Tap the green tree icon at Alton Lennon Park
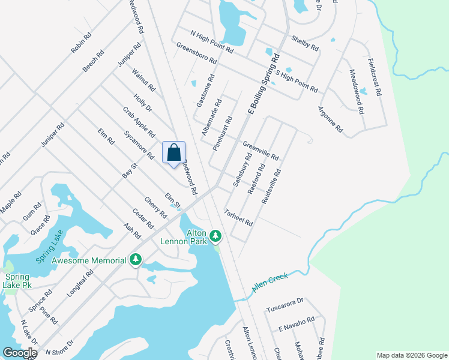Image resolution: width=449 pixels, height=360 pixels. point(215,236)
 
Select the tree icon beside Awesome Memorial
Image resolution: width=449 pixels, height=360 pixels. point(136,260)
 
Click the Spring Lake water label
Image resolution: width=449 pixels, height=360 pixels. point(49,247)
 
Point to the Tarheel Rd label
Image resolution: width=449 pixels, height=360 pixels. point(238,217)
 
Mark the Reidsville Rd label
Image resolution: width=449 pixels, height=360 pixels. point(271,186)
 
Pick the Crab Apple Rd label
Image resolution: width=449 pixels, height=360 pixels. point(139,122)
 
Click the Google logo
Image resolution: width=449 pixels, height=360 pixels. point(20,353)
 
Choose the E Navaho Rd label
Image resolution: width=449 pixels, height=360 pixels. point(297,325)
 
